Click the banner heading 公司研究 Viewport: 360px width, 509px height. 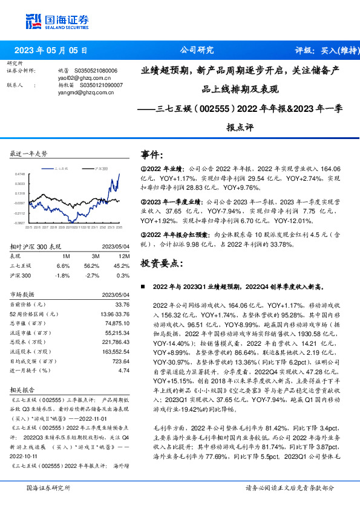pyautogui.click(x=197, y=51)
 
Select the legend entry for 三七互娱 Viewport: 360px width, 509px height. pyautogui.click(x=61, y=168)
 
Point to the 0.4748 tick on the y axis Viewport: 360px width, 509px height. pyautogui.click(x=20, y=174)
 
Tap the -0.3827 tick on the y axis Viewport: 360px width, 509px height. pyautogui.click(x=20, y=223)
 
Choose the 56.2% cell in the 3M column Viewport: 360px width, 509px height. pyautogui.click(x=91, y=265)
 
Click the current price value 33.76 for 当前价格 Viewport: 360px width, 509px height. pyautogui.click(x=122, y=304)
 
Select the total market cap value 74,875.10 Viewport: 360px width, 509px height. pyautogui.click(x=118, y=323)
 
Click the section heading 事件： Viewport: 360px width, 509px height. pyautogui.click(x=151, y=155)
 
